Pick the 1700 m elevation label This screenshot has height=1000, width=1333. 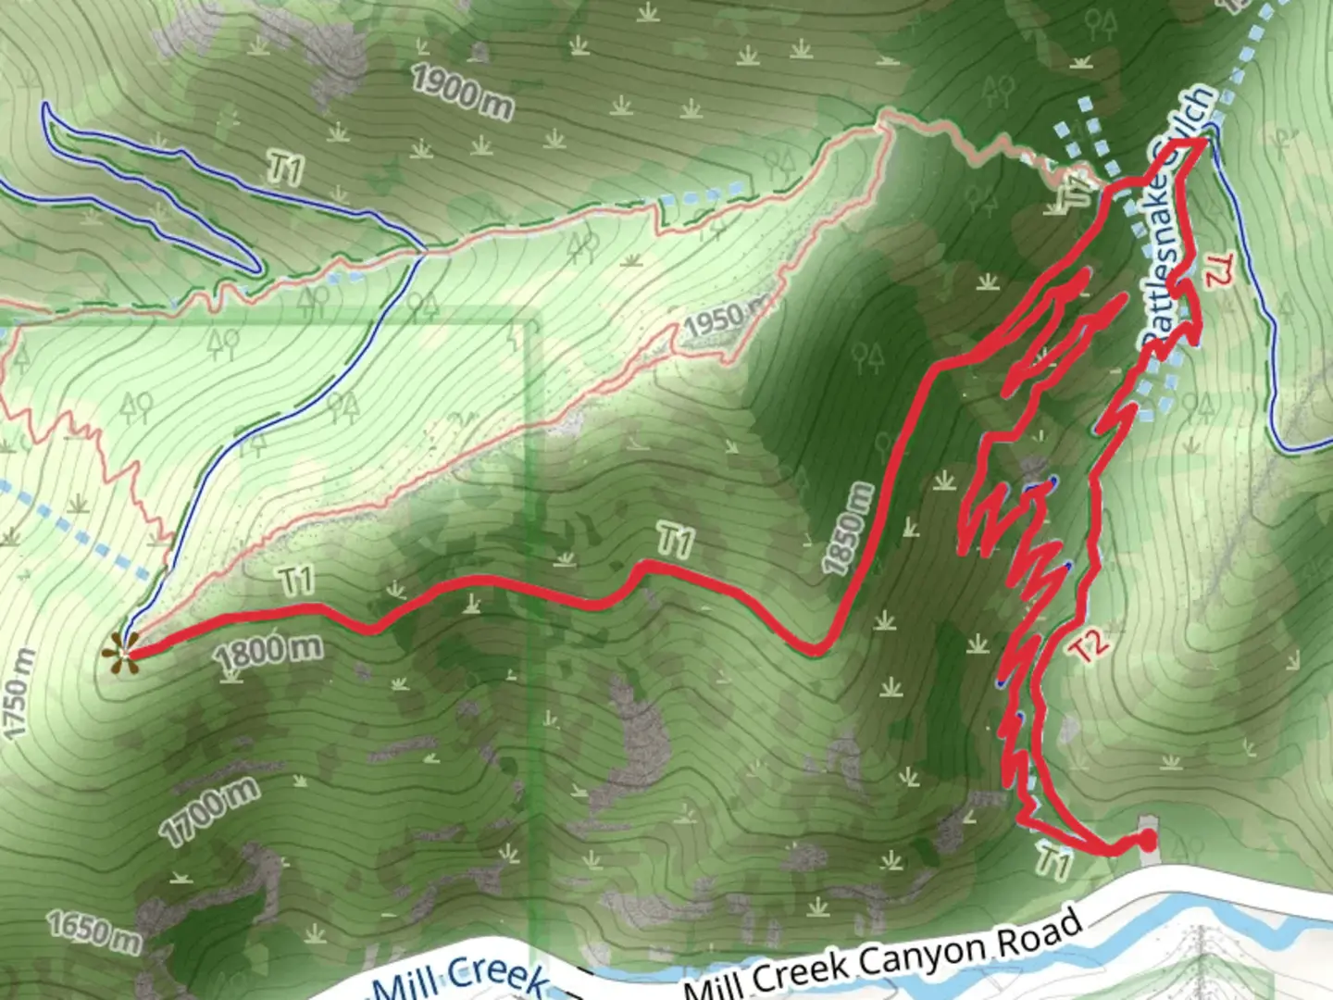coord(210,810)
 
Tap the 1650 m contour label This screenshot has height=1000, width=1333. coord(95,931)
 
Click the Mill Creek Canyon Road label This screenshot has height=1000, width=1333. coord(884,954)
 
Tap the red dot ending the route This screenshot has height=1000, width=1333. coord(1147,840)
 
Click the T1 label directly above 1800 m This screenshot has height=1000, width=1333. coord(296,581)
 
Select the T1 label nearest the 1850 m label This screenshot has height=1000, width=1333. coord(675,540)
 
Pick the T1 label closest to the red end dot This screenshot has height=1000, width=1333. coord(1053,860)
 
